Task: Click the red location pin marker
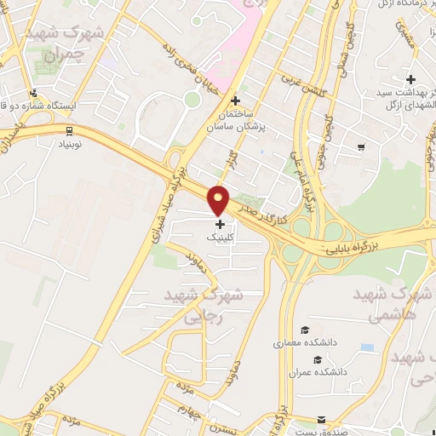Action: pos(220,200)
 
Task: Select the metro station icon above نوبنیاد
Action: pos(68,130)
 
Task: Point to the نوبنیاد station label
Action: pos(68,146)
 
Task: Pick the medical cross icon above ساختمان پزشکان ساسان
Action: pos(247,100)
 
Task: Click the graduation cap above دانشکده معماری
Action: pos(305,330)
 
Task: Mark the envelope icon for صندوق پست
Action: pos(321,420)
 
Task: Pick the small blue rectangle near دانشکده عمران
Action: pos(367,347)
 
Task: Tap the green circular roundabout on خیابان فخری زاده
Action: pos(192,100)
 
